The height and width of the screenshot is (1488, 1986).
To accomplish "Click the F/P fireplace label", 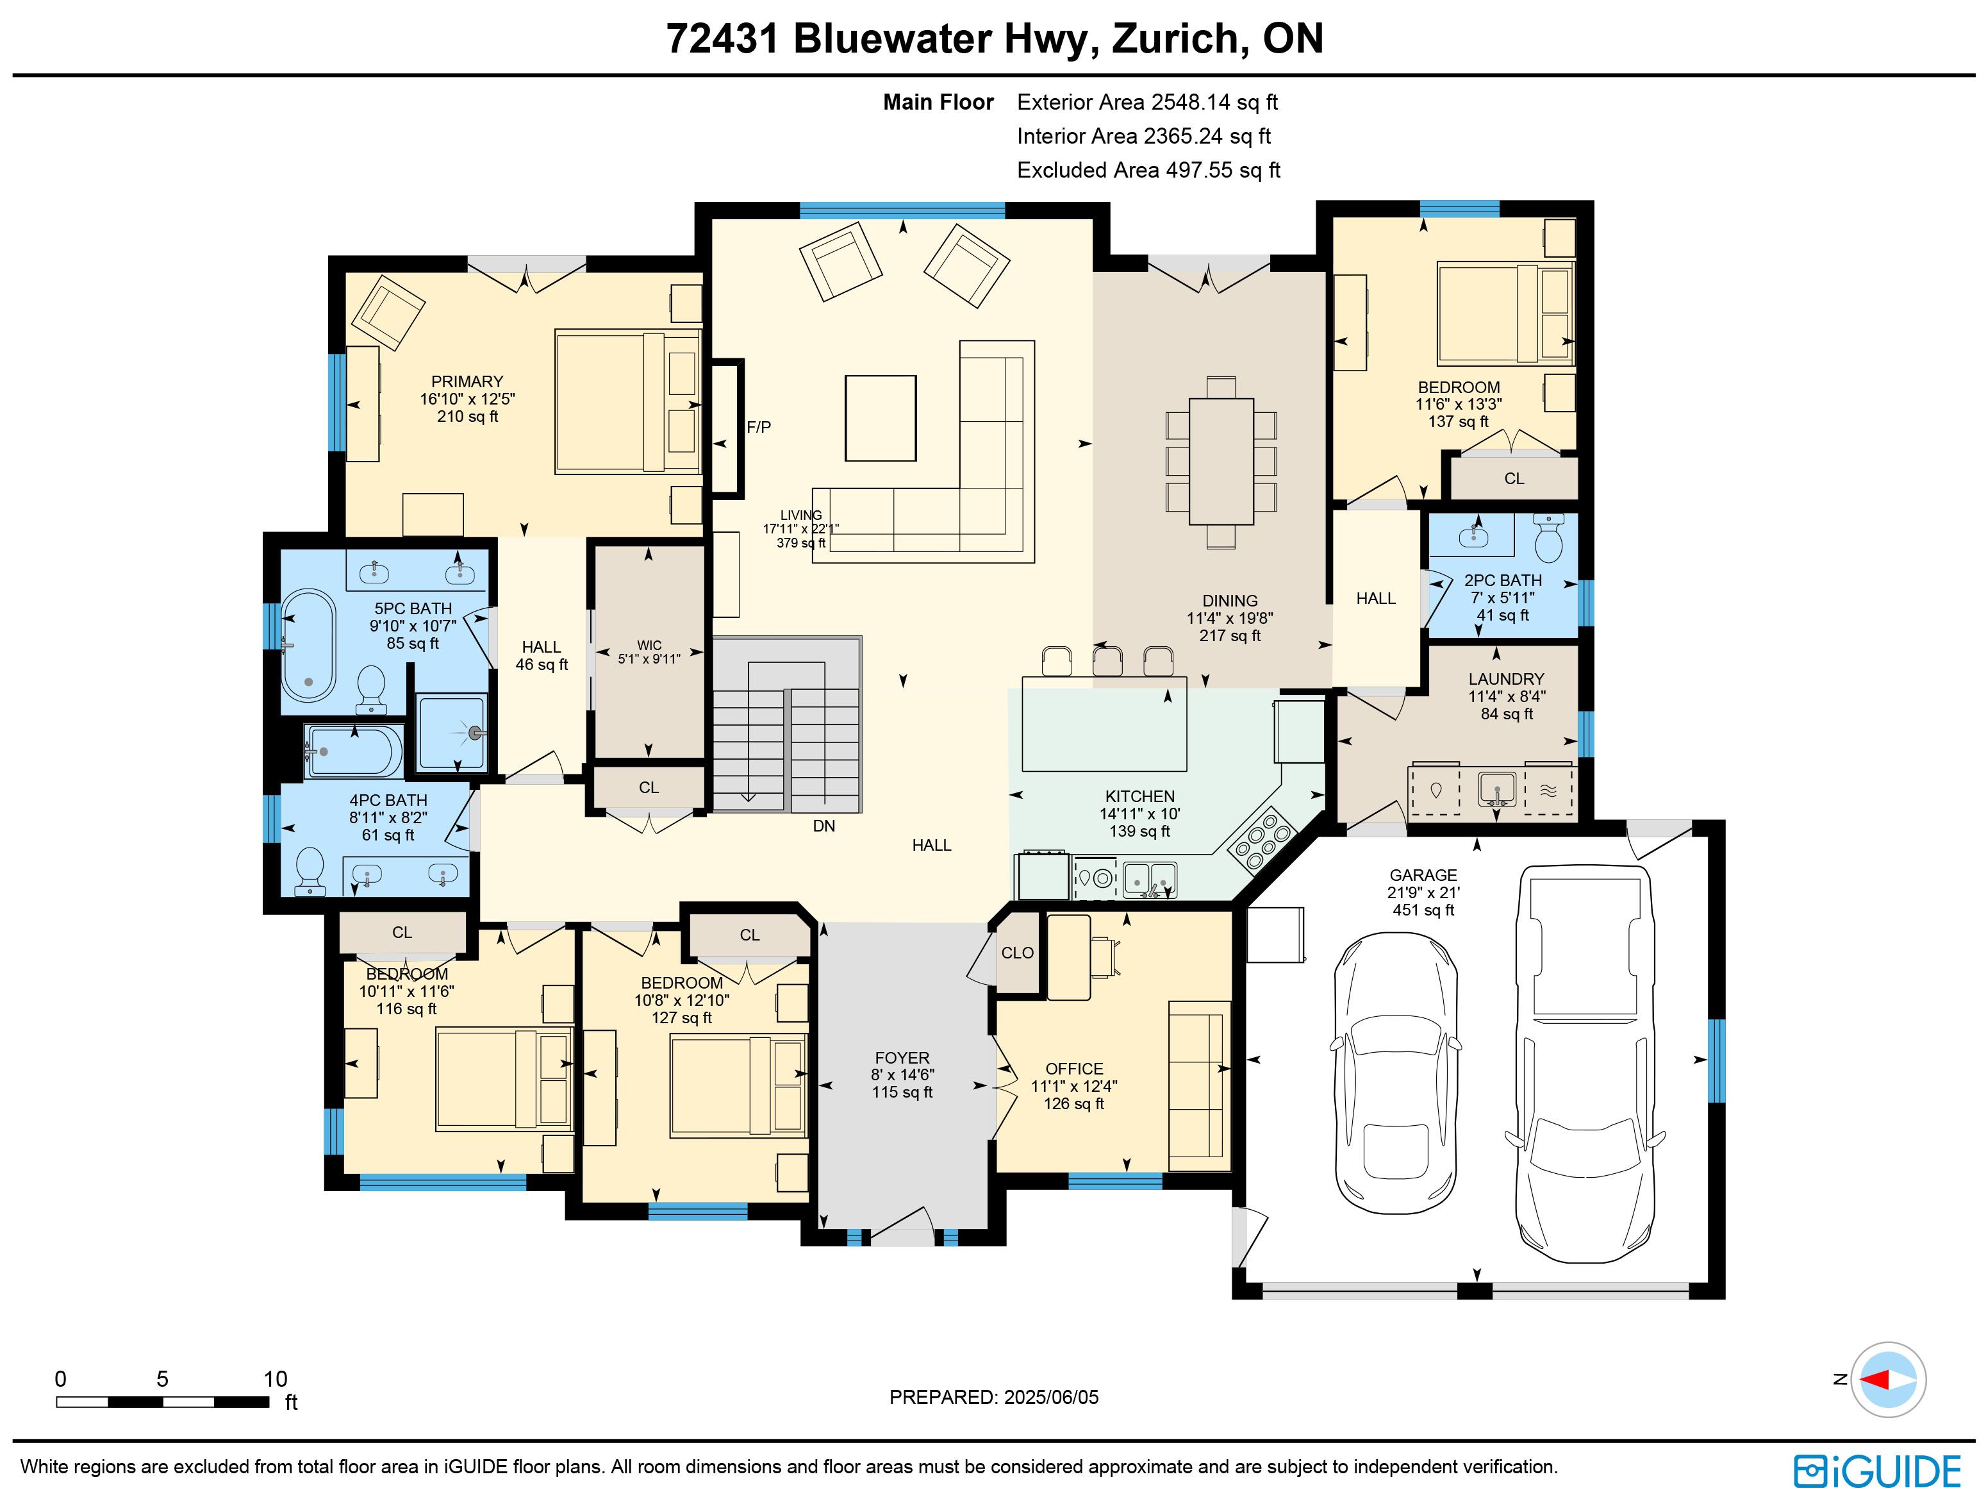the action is pyautogui.click(x=759, y=428).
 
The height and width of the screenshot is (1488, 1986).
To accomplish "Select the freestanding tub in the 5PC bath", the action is pyautogui.click(x=309, y=646).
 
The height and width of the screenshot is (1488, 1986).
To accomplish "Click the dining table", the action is pyautogui.click(x=1221, y=462).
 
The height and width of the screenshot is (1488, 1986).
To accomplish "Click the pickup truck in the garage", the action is pyautogui.click(x=1585, y=1062).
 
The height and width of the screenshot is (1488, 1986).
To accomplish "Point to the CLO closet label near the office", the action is pyautogui.click(x=1017, y=953).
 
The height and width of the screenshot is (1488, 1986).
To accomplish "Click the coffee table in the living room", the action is pyautogui.click(x=881, y=419).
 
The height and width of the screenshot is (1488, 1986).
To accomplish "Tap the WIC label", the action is pyautogui.click(x=649, y=645).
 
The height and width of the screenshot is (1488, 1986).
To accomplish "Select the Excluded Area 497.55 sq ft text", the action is pyautogui.click(x=1148, y=170).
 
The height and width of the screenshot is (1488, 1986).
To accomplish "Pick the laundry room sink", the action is pyautogui.click(x=1496, y=787).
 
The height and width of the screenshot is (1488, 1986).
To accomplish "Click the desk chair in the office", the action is pyautogui.click(x=1106, y=955).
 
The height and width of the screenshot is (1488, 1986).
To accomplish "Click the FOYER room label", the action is pyautogui.click(x=902, y=1058).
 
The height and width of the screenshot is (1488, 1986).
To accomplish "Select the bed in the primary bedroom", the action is pyautogui.click(x=627, y=401).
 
